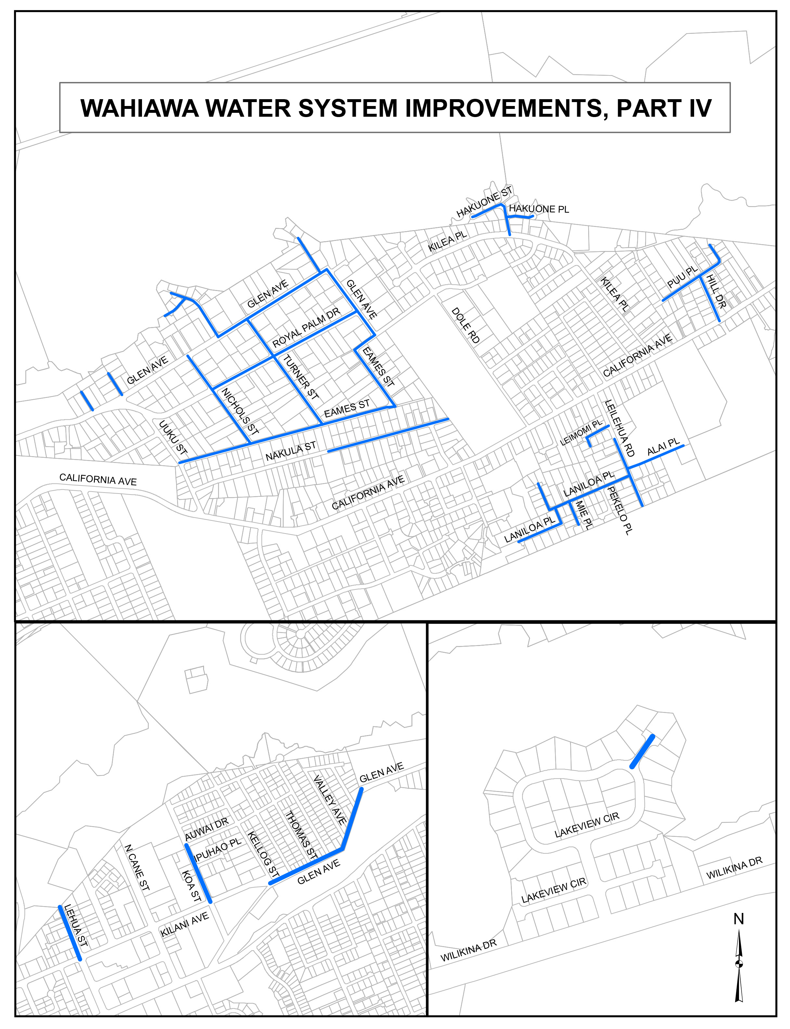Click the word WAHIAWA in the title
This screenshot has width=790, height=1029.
(140, 108)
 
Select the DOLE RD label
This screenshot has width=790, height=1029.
(466, 325)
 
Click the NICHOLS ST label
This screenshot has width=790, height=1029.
(240, 411)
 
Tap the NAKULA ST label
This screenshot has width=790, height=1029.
(291, 451)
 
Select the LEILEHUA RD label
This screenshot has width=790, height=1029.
(619, 428)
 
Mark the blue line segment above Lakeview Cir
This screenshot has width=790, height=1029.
(642, 751)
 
